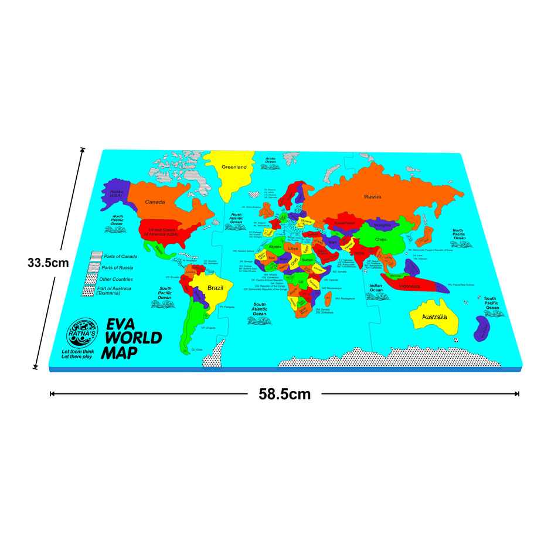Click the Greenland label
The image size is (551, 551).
pos(234,167)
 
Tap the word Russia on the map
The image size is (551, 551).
pos(372,196)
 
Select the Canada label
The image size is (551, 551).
pos(155,202)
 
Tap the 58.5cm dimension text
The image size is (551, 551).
pos(285,394)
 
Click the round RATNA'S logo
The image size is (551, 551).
pos(80,333)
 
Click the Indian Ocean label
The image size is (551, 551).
pos(376,288)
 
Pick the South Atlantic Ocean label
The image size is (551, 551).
pos(260,309)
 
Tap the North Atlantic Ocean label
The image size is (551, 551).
pos(236,218)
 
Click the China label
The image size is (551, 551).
pos(381,239)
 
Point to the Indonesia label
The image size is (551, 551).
pos(410,286)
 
